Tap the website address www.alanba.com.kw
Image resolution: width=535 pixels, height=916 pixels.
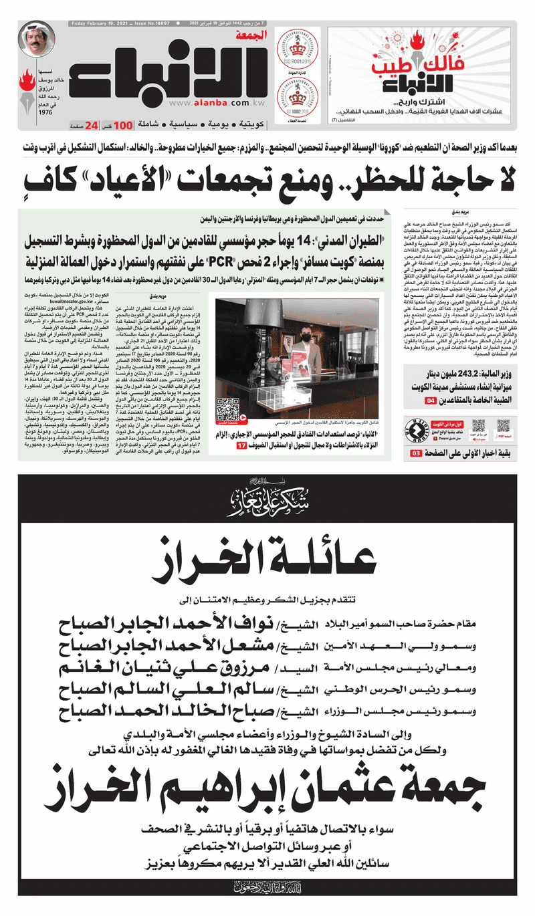point(207,104)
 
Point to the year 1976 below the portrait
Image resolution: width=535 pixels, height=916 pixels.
point(45,113)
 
